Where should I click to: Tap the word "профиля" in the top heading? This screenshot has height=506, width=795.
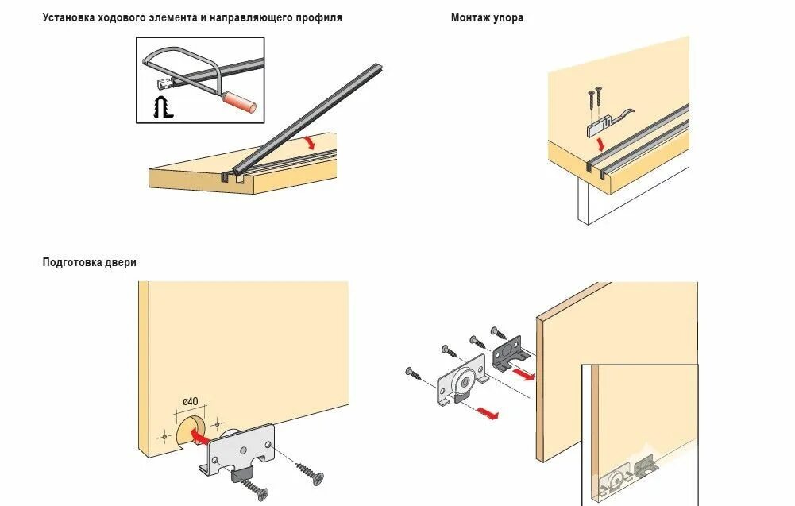(319, 17)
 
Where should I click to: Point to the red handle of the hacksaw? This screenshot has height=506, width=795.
(238, 102)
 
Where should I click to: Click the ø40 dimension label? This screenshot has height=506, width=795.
(191, 403)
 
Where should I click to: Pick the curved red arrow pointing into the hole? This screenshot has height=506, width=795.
(201, 436)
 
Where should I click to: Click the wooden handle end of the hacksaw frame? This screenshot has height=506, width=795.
(238, 102)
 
